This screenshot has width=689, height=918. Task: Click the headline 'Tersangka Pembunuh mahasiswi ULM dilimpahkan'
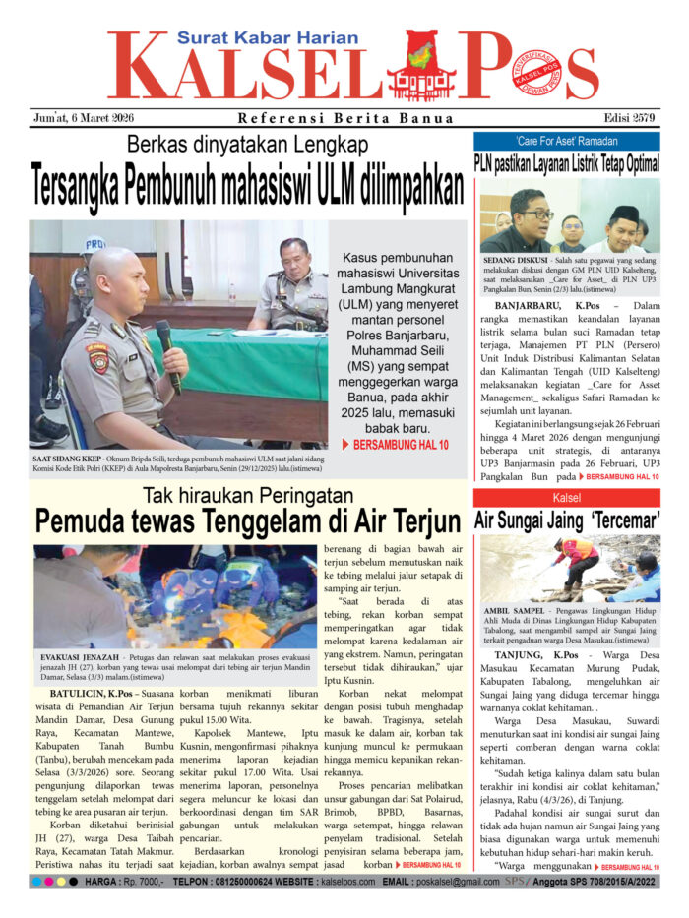(x=247, y=185)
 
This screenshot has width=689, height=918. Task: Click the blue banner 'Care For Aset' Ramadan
(x=566, y=141)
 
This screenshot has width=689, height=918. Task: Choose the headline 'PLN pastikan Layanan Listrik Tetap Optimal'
(x=566, y=163)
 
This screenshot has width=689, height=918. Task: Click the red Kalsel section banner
(x=566, y=497)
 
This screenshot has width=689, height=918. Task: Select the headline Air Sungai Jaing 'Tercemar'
(x=566, y=520)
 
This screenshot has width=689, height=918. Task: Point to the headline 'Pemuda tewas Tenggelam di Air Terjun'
(x=247, y=520)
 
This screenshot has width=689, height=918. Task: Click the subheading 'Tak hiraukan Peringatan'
(x=247, y=494)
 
